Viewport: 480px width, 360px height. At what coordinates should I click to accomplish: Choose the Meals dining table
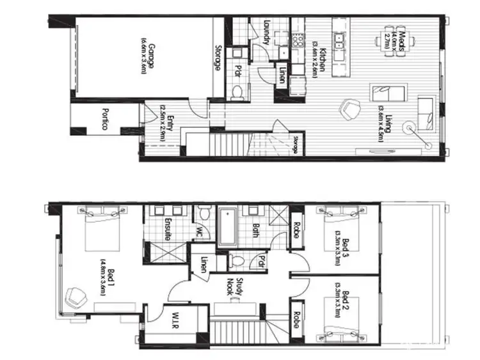pos(391,42)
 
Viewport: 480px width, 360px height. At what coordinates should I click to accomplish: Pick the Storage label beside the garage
pos(218,57)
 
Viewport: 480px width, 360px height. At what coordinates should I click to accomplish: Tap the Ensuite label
pos(167,228)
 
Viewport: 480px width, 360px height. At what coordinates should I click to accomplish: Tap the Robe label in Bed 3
pos(296,230)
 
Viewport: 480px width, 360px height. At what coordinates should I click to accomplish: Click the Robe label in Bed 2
pos(296,320)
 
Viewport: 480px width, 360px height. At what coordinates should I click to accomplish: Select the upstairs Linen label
pos(204,263)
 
